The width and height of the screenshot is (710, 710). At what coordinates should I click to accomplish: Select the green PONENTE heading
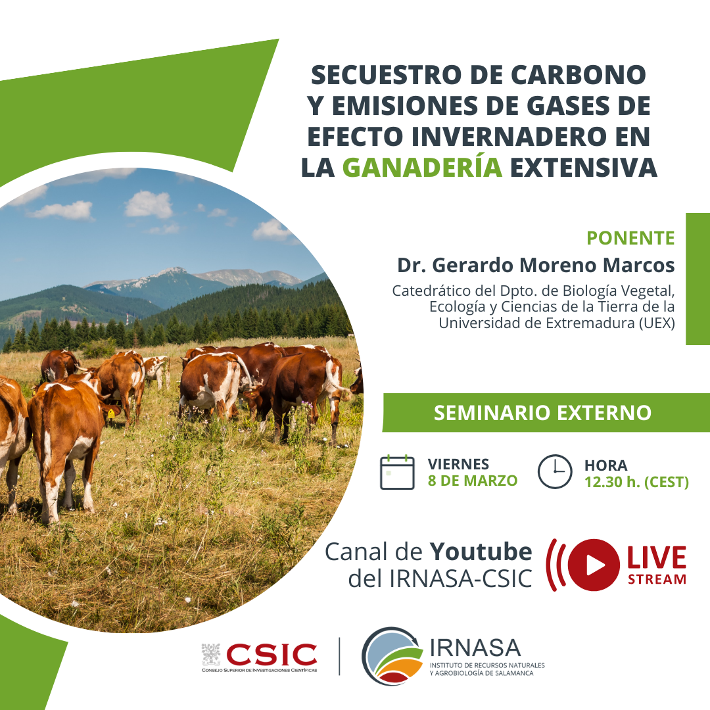tap(630, 238)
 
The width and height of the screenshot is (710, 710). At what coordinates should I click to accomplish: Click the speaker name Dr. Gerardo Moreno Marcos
tap(536, 266)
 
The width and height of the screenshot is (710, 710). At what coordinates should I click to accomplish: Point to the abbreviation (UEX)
tap(657, 323)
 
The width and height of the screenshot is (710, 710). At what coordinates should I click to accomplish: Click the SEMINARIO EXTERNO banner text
tap(542, 413)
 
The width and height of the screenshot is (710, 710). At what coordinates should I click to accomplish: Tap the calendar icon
tap(397, 472)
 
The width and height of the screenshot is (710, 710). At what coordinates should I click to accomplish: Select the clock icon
tap(555, 471)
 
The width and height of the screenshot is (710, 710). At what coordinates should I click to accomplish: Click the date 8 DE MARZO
tap(472, 481)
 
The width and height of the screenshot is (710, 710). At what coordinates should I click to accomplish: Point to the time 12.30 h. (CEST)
tap(636, 482)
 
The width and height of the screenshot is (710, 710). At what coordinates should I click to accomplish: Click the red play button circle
tap(593, 565)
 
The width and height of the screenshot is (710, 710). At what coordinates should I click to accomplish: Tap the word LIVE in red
tap(657, 557)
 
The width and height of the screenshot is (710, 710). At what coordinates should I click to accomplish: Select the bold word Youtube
tap(481, 552)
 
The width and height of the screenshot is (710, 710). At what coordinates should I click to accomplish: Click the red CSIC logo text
tap(272, 655)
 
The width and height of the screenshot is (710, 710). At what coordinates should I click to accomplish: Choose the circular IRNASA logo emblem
tap(392, 655)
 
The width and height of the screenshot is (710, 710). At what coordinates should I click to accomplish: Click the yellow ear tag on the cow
tap(110, 414)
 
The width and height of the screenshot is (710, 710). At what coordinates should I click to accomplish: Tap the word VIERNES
tap(458, 464)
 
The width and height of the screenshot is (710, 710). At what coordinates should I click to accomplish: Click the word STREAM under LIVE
tap(657, 579)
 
